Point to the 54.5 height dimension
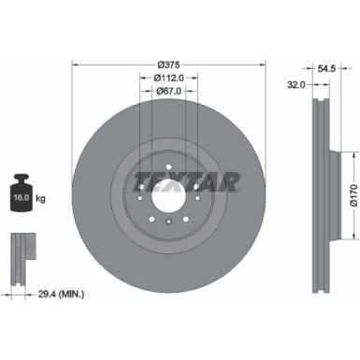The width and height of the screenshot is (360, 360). point(327,69)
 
